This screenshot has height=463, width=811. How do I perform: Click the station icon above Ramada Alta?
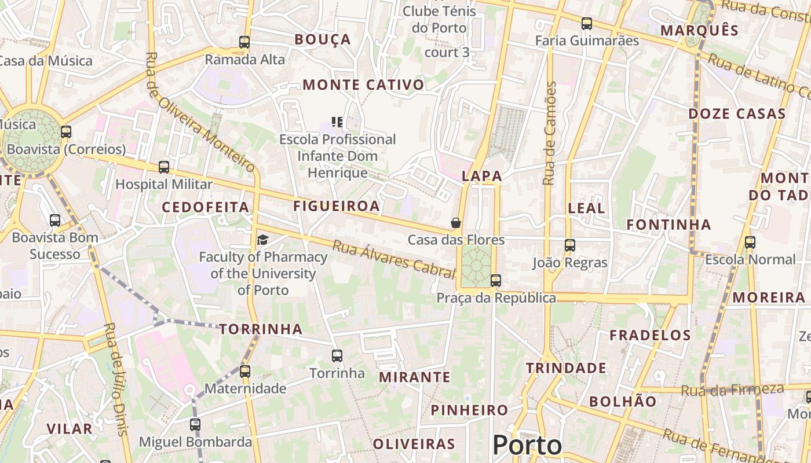click(x=244, y=42)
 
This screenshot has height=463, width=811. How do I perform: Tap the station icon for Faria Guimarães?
click(x=587, y=24)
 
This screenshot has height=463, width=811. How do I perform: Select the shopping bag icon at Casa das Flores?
click(x=456, y=223)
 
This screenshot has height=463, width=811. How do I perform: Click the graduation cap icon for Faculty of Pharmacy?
click(x=263, y=240)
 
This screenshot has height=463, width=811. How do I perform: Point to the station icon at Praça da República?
click(x=495, y=281)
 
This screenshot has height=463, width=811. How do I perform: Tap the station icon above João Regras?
click(x=570, y=245)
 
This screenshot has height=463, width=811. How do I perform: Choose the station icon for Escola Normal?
click(x=750, y=242)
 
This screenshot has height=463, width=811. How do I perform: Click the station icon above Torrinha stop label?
click(x=337, y=356)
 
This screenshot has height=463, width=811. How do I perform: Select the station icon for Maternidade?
click(x=245, y=371)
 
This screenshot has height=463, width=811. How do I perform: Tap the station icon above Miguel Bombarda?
click(x=195, y=425)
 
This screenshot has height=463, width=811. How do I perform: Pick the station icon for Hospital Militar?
click(x=164, y=167)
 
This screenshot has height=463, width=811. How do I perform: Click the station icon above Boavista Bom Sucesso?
click(x=55, y=221)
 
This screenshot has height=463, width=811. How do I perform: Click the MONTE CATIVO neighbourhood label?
click(x=363, y=85)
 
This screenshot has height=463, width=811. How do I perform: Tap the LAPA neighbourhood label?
click(x=482, y=177)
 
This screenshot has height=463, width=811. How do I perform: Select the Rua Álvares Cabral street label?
click(x=394, y=259)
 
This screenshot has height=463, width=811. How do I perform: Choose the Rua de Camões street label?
click(x=550, y=133)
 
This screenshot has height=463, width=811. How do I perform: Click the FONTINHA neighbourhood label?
click(x=668, y=225)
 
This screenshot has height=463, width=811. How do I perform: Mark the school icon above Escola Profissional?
click(x=337, y=122)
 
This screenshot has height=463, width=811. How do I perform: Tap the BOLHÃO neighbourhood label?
click(x=623, y=402)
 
